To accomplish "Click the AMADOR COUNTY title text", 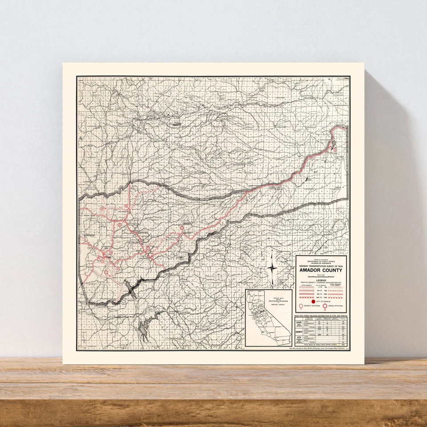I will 320,270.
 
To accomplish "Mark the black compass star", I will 272,267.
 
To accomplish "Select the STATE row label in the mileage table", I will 299,322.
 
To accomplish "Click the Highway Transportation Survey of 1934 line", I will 320,266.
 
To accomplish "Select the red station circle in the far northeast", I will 335,150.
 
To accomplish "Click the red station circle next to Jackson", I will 148,249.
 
